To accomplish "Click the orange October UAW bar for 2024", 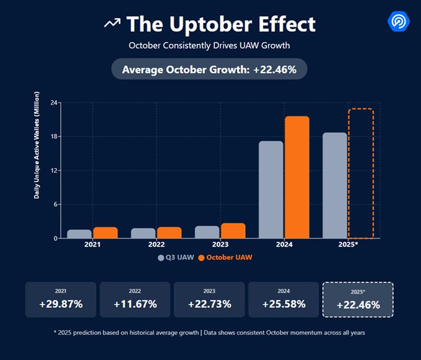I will (x=297, y=177).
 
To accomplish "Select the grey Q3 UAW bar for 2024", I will (x=271, y=190).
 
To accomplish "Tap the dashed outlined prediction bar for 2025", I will (x=361, y=173).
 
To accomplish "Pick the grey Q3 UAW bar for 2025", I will (x=335, y=185).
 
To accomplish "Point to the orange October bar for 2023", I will (x=233, y=230).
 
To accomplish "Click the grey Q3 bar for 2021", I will (x=79, y=234).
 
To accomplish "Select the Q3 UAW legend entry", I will (x=176, y=257).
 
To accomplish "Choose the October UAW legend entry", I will (x=225, y=257).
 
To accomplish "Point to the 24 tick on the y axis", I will (x=54, y=102).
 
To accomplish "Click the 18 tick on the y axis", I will (x=54, y=136).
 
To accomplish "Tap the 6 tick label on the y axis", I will (x=56, y=204).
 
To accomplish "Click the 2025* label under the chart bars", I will (x=349, y=245).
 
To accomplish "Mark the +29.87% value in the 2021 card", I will (x=61, y=304).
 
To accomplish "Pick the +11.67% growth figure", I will (x=135, y=304).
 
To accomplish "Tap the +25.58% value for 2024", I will (x=284, y=304).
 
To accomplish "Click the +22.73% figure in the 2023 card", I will (x=209, y=304).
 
